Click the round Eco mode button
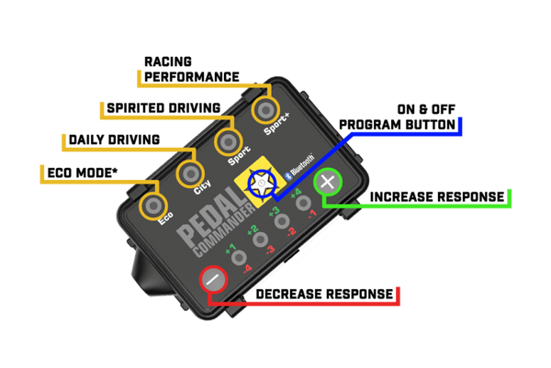coord(152,201)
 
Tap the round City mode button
coord(190,173)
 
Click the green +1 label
coord(231,248)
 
